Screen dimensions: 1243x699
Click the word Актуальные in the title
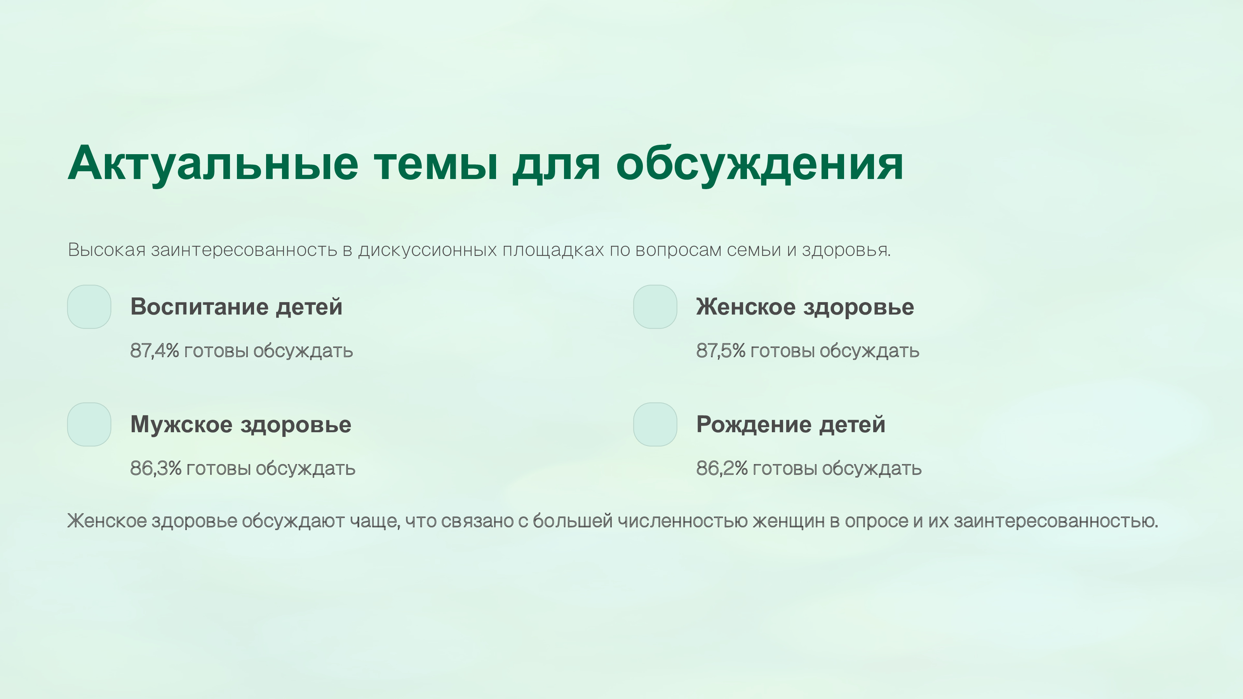pyautogui.click(x=213, y=164)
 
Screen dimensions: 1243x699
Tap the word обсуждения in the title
pyautogui.click(x=759, y=164)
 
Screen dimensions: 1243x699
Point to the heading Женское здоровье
pyautogui.click(x=805, y=307)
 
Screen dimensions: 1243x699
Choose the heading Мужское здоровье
pyautogui.click(x=241, y=424)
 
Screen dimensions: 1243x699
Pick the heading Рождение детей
pyautogui.click(x=791, y=424)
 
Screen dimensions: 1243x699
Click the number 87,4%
pyautogui.click(x=155, y=351)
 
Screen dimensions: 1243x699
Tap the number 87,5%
pyautogui.click(x=721, y=351)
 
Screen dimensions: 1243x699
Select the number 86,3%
pyautogui.click(x=156, y=468)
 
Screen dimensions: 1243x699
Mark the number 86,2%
pyautogui.click(x=722, y=468)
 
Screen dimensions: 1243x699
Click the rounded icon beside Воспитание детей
pyautogui.click(x=89, y=307)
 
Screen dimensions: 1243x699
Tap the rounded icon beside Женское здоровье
pyautogui.click(x=655, y=307)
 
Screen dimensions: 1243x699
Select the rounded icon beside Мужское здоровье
pyautogui.click(x=89, y=424)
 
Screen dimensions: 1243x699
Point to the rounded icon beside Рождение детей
pyautogui.click(x=655, y=424)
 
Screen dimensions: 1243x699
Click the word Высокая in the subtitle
pyautogui.click(x=107, y=250)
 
